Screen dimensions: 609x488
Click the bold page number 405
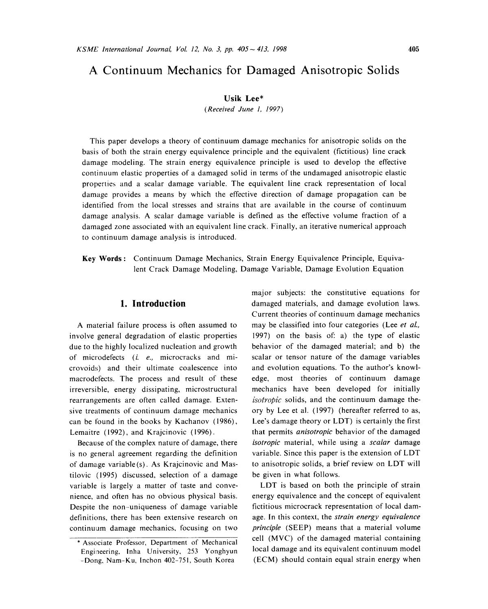414,50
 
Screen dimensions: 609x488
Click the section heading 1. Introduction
153,304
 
